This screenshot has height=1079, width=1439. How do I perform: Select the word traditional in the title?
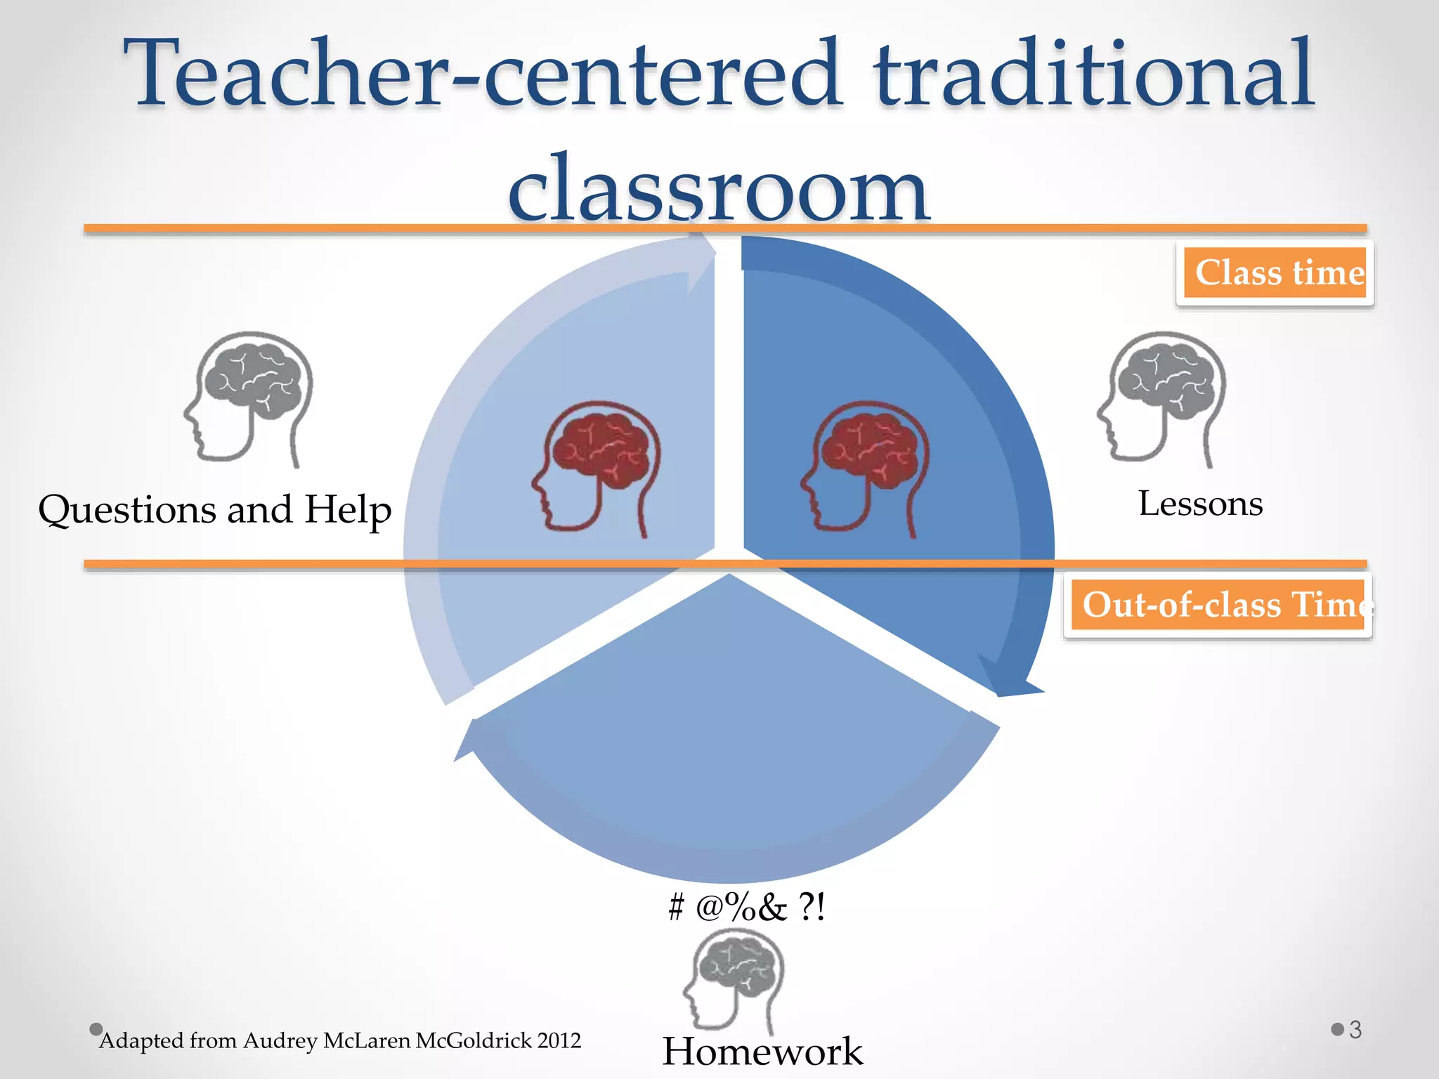point(1093,74)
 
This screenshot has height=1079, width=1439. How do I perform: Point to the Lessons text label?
point(1200,504)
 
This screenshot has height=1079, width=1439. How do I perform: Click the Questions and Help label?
point(214,510)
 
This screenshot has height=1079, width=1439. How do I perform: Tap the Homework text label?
point(762,1052)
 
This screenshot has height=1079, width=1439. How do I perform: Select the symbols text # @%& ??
point(746,907)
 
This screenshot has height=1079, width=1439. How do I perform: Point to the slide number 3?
point(1355,1030)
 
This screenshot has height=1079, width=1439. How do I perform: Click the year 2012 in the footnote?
point(559,1040)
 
